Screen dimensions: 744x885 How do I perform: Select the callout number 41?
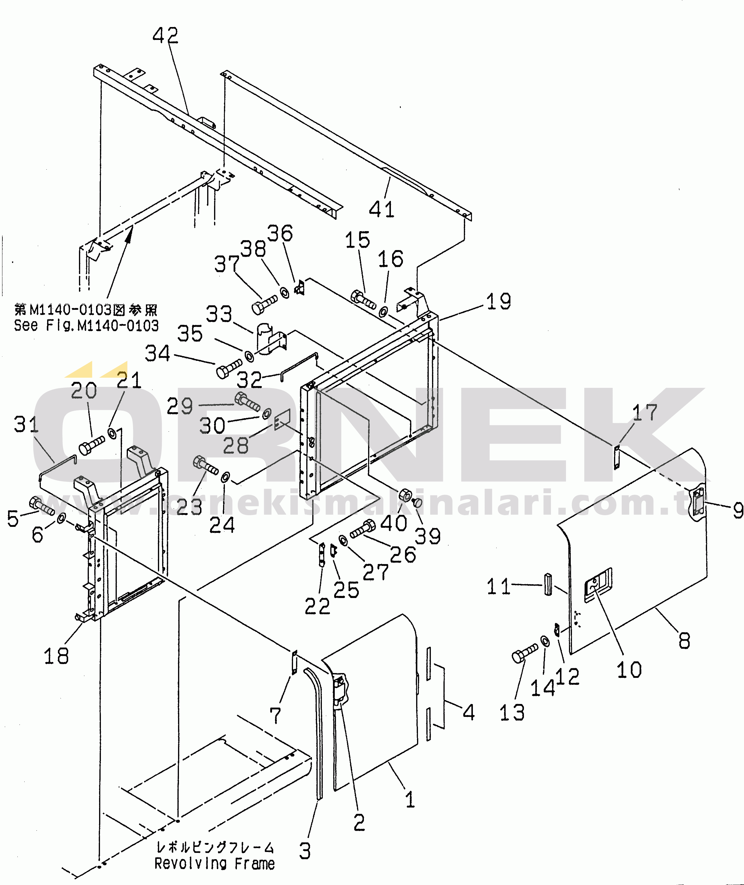[382, 209]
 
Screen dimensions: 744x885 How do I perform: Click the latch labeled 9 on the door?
[697, 506]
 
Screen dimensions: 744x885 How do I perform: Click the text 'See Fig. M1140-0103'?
[86, 325]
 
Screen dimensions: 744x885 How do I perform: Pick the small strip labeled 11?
[547, 584]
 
